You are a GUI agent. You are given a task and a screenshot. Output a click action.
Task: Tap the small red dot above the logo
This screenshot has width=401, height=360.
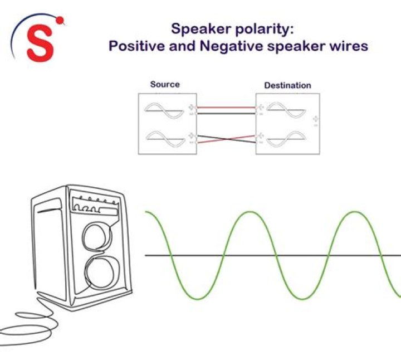tap(60, 21)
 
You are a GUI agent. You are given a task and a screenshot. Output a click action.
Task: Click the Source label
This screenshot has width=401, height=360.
tap(165, 85)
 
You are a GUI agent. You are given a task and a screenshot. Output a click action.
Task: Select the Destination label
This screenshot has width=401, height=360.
tap(287, 85)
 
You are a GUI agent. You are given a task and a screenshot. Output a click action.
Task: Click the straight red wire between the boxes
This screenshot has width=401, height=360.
tap(225, 108)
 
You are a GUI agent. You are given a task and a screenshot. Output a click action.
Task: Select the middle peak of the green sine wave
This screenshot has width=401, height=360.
tap(249, 212)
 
